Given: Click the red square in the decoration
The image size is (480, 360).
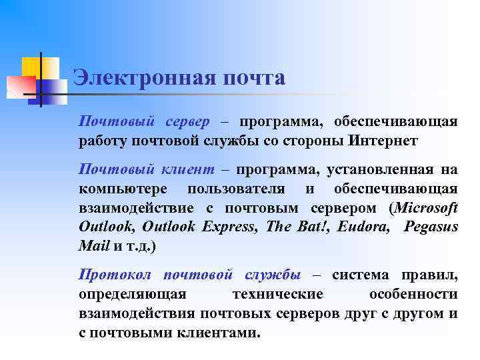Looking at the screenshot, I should click(21, 85).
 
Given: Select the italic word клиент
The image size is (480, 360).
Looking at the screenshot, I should click(186, 170).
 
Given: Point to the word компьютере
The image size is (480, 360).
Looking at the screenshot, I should click(122, 189).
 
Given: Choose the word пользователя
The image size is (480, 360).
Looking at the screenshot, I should click(246, 189).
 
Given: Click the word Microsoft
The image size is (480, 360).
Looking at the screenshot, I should click(427, 207).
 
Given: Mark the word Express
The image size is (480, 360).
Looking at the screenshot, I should click(229, 227).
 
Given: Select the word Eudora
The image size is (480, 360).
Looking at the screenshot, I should click(363, 227).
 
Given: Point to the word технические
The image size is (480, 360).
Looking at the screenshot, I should click(277, 295).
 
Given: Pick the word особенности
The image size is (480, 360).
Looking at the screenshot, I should click(413, 295).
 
